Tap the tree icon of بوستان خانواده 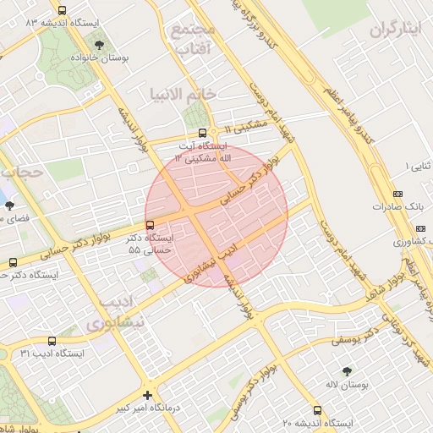click(x=101, y=44)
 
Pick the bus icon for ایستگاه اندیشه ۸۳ click(x=62, y=10)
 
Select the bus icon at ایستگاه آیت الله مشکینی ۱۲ click(x=201, y=133)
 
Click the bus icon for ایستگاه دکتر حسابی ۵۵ click(x=150, y=225)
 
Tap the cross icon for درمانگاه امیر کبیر click(x=148, y=395)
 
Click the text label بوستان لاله click(x=347, y=386)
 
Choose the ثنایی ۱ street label click(x=418, y=166)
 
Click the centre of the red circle click(x=216, y=216)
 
